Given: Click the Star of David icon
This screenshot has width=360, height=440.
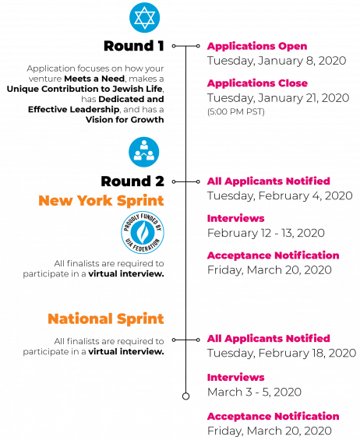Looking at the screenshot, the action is pyautogui.click(x=145, y=18).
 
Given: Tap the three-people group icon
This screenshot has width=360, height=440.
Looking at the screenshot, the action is pyautogui.click(x=144, y=152).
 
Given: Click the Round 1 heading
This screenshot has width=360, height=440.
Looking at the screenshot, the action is pyautogui.click(x=134, y=46).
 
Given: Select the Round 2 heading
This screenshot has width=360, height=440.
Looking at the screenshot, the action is pyautogui.click(x=132, y=181).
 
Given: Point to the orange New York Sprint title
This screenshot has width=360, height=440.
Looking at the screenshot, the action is pyautogui.click(x=101, y=201).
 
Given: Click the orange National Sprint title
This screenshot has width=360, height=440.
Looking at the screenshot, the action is pyautogui.click(x=106, y=319).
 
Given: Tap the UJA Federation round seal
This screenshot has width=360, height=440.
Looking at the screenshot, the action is pyautogui.click(x=143, y=232).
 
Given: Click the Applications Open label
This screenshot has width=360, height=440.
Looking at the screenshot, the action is pyautogui.click(x=257, y=46).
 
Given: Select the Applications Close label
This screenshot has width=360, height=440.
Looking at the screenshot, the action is pyautogui.click(x=257, y=83).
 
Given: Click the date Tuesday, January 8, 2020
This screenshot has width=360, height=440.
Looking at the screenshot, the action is pyautogui.click(x=277, y=61).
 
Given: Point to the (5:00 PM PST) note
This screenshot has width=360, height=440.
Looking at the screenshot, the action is pyautogui.click(x=236, y=112).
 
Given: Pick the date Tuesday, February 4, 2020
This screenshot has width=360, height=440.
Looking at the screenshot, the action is pyautogui.click(x=280, y=196).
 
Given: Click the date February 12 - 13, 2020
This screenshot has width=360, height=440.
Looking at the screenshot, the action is pyautogui.click(x=266, y=233).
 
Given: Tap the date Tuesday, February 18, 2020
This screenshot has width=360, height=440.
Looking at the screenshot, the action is pyautogui.click(x=281, y=353).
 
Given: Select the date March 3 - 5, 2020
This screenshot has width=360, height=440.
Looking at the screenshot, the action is pyautogui.click(x=254, y=392).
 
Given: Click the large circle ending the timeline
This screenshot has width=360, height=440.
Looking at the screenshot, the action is pyautogui.click(x=185, y=396).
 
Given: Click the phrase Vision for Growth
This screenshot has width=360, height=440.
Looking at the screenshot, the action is pyautogui.click(x=125, y=120).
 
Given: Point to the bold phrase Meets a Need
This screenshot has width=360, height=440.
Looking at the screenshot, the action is pyautogui.click(x=94, y=79).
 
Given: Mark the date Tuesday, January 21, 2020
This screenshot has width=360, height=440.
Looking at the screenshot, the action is pyautogui.click(x=278, y=98).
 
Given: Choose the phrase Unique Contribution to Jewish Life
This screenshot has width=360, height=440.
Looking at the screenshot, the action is pyautogui.click(x=85, y=89).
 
